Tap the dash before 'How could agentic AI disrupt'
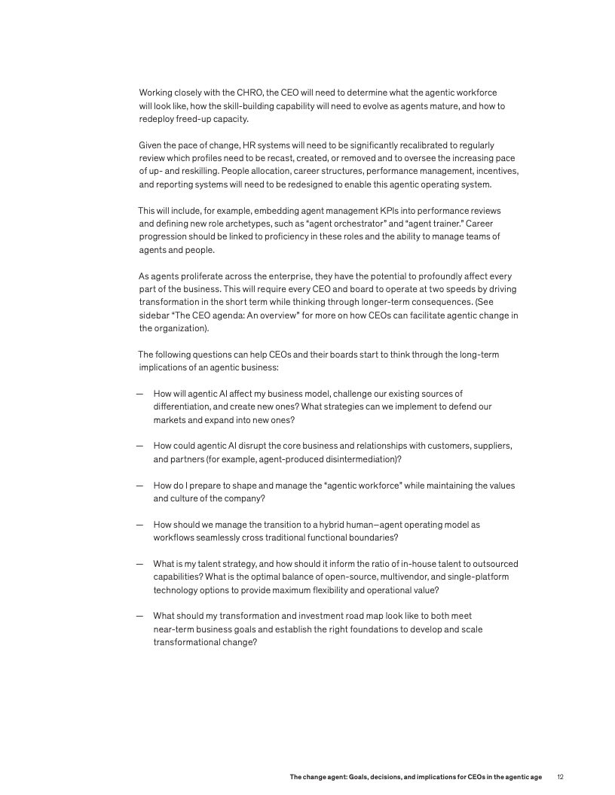tap(140, 446)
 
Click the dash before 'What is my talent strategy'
tap(140, 563)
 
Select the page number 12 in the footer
tap(560, 776)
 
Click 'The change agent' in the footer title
tap(316, 776)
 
